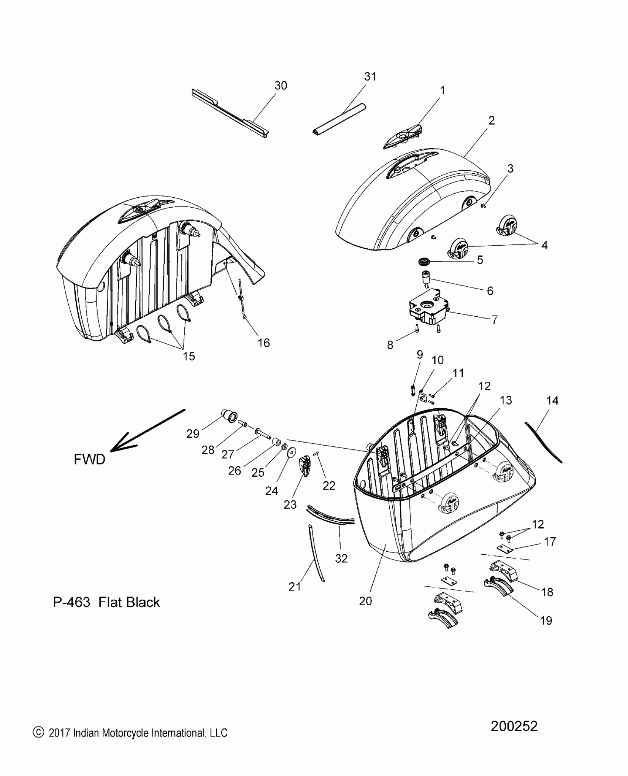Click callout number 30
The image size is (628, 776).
click(281, 86)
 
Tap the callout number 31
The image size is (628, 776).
click(370, 76)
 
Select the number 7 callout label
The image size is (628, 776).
click(495, 319)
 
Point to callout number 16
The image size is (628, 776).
click(264, 343)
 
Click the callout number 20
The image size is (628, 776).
click(365, 601)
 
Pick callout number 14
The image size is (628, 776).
click(552, 401)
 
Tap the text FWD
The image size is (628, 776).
click(89, 459)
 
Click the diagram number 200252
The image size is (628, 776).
click(514, 726)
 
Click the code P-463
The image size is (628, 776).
click(71, 602)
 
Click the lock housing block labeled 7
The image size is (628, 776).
click(427, 311)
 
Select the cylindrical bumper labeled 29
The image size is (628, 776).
click(229, 415)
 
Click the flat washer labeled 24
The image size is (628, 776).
click(292, 452)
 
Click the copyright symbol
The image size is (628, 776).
click(38, 732)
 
